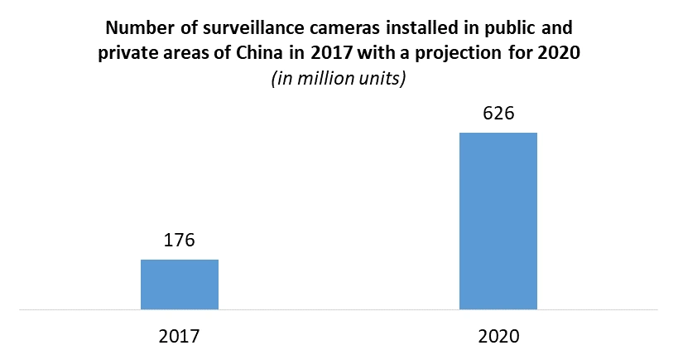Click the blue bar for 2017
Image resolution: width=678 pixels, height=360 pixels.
(179, 285)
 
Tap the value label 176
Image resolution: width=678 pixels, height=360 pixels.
(179, 241)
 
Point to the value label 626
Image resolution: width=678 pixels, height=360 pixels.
(498, 114)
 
